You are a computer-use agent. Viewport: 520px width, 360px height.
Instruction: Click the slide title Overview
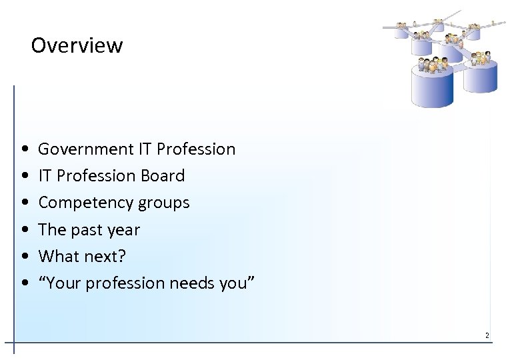pyautogui.click(x=77, y=45)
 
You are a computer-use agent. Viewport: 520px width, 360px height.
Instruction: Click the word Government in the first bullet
pyautogui.click(x=85, y=149)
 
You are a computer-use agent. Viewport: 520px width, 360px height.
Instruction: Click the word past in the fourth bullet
pyautogui.click(x=88, y=230)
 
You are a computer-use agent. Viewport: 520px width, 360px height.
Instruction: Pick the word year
pyautogui.click(x=125, y=230)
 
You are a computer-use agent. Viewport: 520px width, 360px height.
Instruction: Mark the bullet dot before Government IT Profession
pyautogui.click(x=24, y=149)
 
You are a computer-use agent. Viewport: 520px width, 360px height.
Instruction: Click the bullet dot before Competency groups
pyautogui.click(x=24, y=203)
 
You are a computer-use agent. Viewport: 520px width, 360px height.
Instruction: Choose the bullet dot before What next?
pyautogui.click(x=24, y=256)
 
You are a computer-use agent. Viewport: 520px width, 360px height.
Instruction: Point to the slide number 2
pyautogui.click(x=487, y=335)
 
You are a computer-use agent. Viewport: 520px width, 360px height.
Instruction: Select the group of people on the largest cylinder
pyautogui.click(x=432, y=65)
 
